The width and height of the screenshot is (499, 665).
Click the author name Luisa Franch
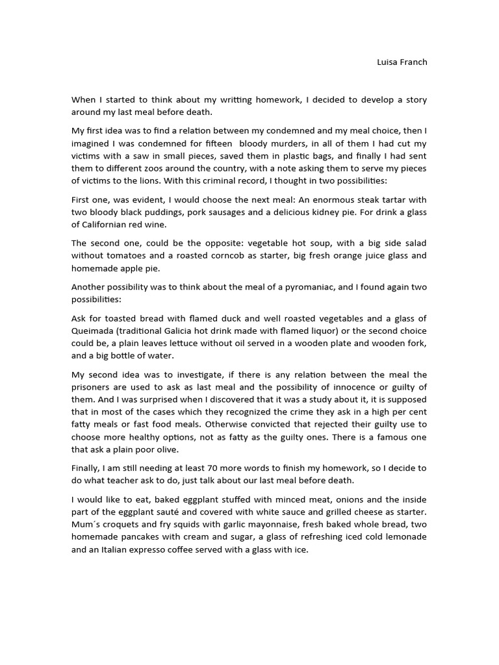pyautogui.click(x=402, y=62)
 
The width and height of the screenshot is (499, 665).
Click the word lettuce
pyautogui.click(x=183, y=344)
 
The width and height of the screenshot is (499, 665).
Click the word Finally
pyautogui.click(x=87, y=468)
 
